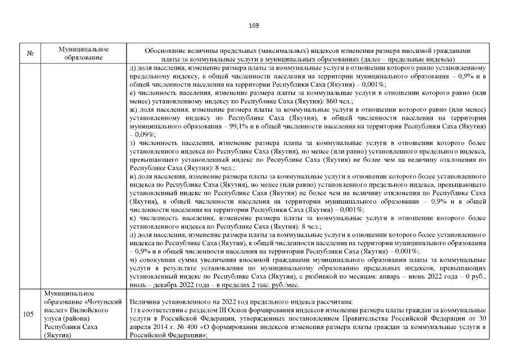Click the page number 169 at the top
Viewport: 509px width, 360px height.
coord(254,25)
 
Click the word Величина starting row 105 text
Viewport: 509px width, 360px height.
coord(145,301)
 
